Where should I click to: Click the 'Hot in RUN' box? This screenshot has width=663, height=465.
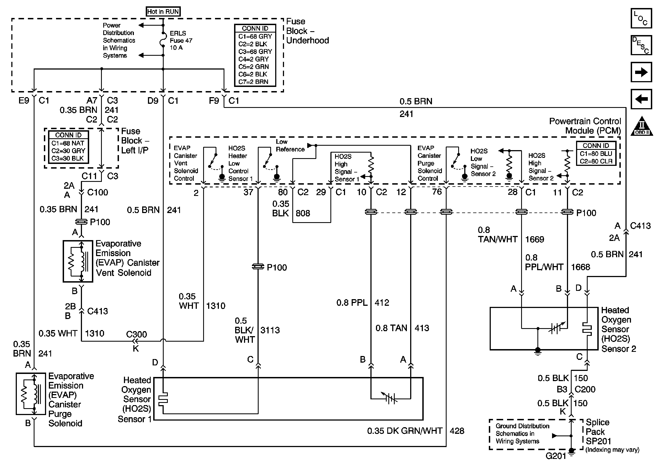[163, 12]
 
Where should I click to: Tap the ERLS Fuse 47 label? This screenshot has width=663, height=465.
[181, 40]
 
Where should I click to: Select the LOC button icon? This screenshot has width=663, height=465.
[641, 18]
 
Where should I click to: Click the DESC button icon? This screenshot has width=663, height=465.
[641, 45]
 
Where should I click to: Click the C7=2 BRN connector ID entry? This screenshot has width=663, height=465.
[253, 82]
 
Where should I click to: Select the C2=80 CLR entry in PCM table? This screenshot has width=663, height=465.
[596, 161]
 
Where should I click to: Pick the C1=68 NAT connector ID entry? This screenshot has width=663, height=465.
[68, 143]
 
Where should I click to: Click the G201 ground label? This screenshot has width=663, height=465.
[556, 456]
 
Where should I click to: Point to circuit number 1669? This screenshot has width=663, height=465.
[534, 239]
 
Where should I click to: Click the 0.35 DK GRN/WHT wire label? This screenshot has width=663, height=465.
[405, 431]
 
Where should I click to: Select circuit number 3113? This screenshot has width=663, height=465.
[270, 330]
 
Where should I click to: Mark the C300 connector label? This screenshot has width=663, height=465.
[136, 334]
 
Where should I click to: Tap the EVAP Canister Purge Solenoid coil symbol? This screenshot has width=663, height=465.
[31, 394]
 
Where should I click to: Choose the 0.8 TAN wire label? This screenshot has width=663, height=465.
[391, 328]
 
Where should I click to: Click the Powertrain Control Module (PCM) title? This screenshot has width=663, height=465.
[585, 126]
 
